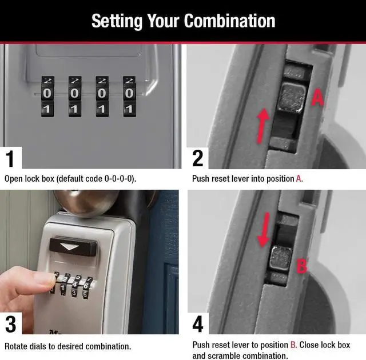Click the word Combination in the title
(x=229, y=21)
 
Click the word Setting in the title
(x=117, y=22)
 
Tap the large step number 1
(x=10, y=158)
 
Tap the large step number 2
(x=198, y=158)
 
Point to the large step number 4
(x=198, y=324)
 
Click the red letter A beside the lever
(x=318, y=98)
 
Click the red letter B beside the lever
(x=301, y=266)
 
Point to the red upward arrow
(x=262, y=126)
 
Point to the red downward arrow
(x=264, y=230)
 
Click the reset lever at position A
(x=291, y=98)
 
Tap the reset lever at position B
(x=281, y=258)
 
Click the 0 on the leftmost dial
(x=47, y=94)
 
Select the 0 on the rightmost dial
(x=129, y=94)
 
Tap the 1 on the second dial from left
(x=74, y=109)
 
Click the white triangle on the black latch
(x=70, y=246)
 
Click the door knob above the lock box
(x=86, y=202)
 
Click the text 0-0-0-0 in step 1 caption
(x=119, y=179)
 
